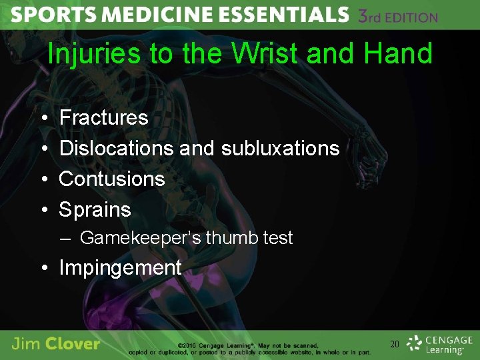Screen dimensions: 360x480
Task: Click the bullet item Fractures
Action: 103,118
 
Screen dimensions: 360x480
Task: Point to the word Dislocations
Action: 116,148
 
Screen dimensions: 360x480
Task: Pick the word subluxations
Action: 280,148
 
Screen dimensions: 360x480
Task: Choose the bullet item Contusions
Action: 112,179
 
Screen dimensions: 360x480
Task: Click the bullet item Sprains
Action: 95,209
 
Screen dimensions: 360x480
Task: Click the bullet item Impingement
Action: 120,268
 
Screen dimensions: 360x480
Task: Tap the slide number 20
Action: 394,344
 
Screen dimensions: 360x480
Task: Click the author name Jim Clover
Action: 56,344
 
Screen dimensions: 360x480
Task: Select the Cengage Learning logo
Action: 439,344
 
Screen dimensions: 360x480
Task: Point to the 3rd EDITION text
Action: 398,16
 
